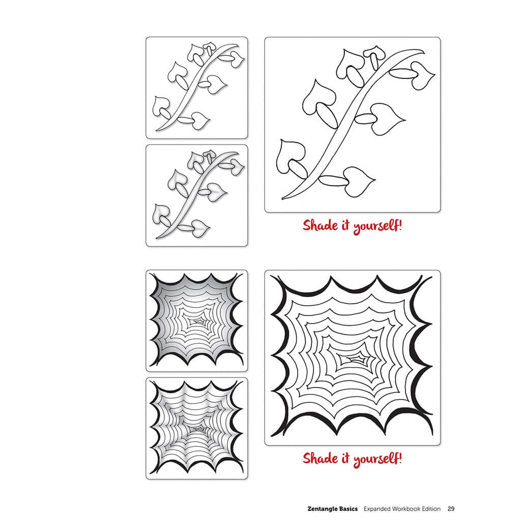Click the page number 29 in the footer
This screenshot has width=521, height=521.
[x=451, y=509]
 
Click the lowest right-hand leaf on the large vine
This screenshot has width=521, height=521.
[x=359, y=182]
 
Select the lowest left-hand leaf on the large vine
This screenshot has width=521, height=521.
[x=290, y=156]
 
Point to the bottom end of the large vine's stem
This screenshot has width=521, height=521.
[x=283, y=198]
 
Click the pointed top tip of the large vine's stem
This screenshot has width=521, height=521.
[x=424, y=50]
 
